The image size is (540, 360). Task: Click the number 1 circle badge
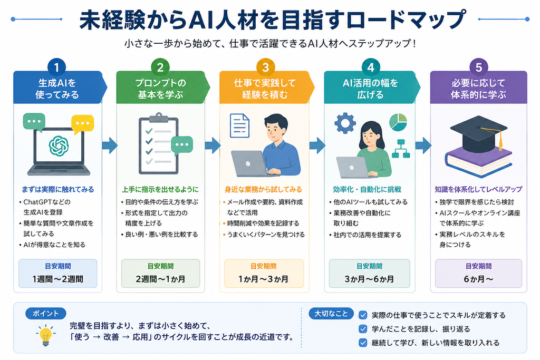(57, 67)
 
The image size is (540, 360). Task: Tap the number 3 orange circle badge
(265, 67)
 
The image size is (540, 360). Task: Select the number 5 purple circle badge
(479, 67)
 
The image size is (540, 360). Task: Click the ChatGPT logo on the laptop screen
(59, 145)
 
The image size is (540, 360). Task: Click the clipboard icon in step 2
(158, 144)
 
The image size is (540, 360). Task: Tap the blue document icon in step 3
(240, 125)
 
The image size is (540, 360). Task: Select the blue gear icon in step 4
(345, 123)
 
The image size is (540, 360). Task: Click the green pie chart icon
(398, 122)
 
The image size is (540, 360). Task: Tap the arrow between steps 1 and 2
(110, 145)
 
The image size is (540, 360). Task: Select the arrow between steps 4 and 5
(423, 145)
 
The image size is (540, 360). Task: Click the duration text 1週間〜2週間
(58, 279)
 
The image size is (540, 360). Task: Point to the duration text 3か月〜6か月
(369, 279)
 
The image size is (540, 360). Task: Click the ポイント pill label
(46, 314)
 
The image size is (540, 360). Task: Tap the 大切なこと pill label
(331, 314)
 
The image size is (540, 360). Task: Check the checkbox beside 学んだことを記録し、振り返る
(363, 329)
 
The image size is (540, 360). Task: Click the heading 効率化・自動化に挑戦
(367, 189)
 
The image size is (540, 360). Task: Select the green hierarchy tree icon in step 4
(401, 149)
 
